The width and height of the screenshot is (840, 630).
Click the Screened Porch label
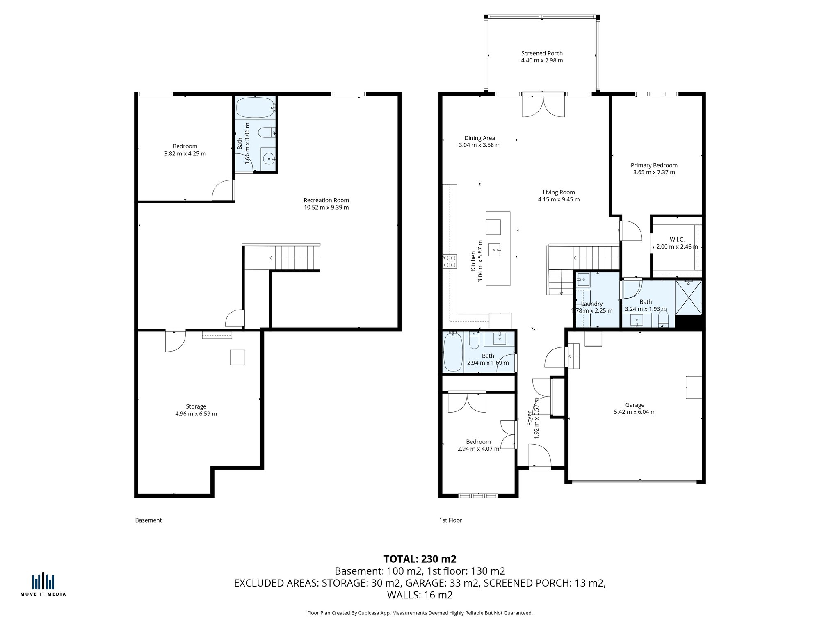(541, 53)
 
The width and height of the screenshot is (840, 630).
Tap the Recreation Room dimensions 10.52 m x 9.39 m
(326, 208)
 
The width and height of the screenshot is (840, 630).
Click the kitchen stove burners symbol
(450, 261)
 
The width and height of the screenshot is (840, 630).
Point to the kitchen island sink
(498, 249)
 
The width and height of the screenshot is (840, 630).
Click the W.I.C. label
(677, 240)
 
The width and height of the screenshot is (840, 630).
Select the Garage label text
(635, 405)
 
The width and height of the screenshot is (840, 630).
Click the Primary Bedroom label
(654, 165)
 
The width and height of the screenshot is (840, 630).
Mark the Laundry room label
(591, 304)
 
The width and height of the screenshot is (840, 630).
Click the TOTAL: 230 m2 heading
(420, 559)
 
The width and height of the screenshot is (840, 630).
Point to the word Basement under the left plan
(148, 520)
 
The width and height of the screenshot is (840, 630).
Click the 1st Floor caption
(450, 520)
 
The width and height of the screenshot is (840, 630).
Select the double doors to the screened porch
(543, 106)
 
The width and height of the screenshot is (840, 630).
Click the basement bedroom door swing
(222, 191)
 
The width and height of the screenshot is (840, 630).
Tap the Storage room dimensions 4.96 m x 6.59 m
(196, 414)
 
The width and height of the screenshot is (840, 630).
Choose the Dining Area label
(479, 138)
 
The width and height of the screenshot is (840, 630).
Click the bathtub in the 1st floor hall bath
(453, 352)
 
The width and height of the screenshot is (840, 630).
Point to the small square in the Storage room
(237, 357)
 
